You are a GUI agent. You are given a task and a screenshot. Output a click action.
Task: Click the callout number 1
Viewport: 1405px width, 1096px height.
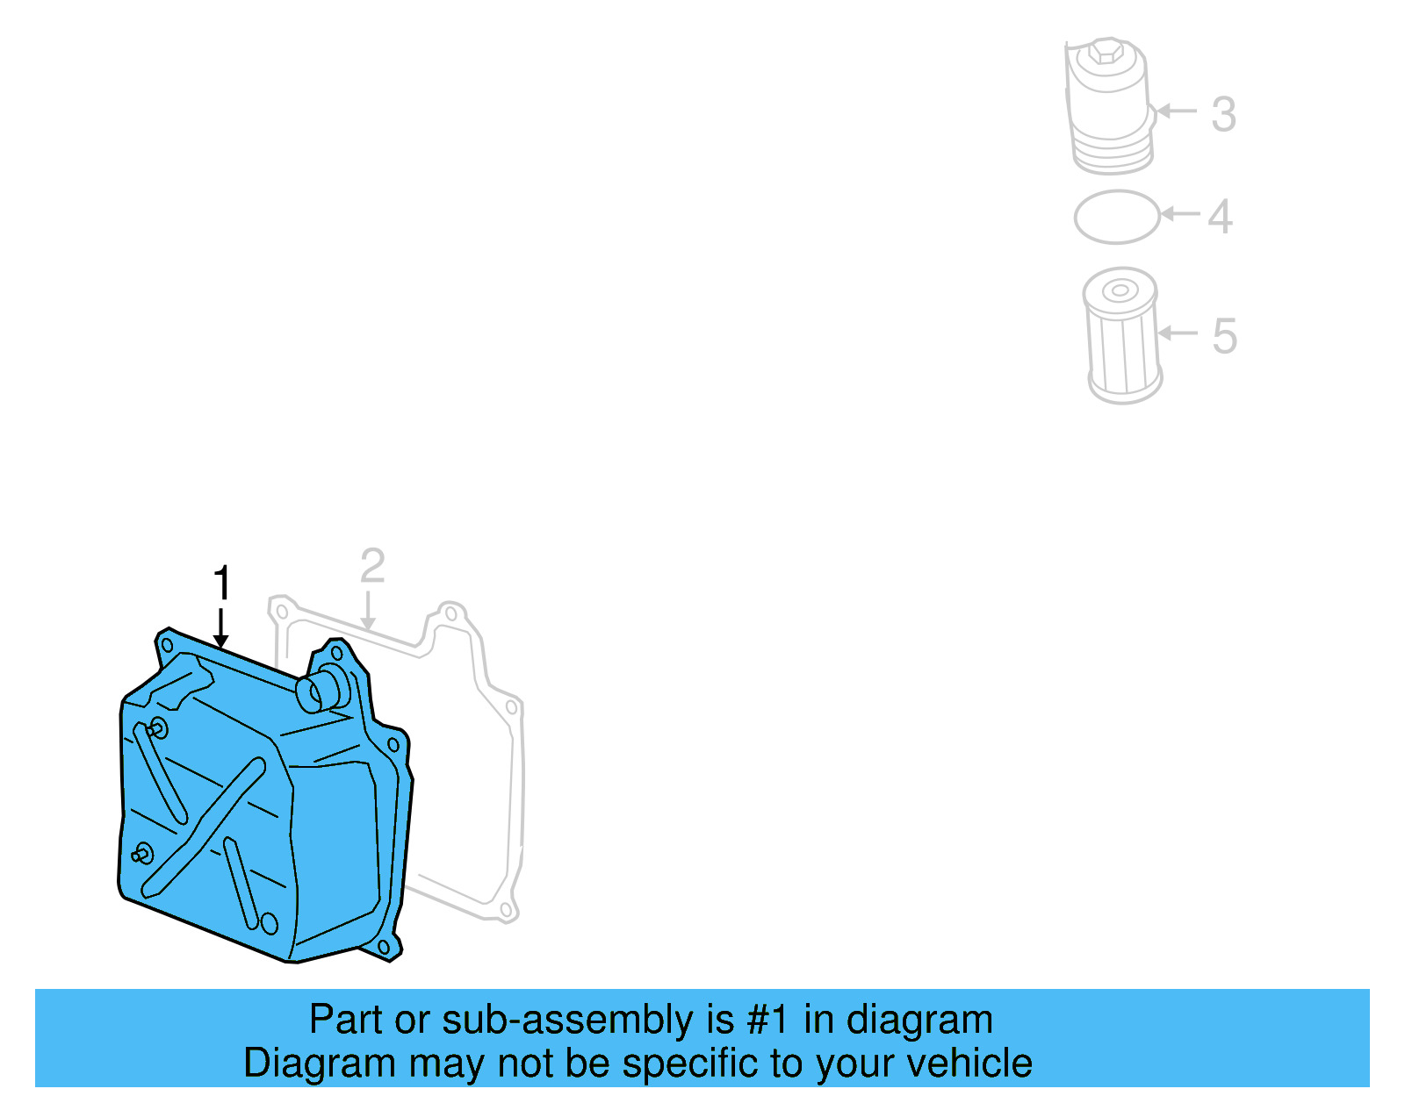[x=222, y=584]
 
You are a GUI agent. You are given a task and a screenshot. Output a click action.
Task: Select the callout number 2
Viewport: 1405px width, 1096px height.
[x=372, y=567]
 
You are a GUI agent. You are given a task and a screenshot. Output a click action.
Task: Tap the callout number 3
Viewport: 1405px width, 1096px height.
[x=1223, y=114]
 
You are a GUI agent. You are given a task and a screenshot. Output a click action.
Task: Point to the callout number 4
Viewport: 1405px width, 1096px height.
[x=1220, y=217]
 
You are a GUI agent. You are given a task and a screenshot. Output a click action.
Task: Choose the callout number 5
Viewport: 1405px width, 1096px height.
[x=1224, y=336]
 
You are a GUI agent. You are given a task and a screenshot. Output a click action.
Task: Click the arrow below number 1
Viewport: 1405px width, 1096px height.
[x=221, y=628]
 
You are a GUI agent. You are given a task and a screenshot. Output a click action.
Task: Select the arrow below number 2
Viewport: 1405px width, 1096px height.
[x=368, y=611]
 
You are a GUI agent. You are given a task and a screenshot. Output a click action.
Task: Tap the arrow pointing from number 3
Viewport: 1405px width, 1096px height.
[x=1176, y=111]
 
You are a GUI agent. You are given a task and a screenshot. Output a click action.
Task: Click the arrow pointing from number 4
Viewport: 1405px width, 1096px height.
[x=1179, y=213]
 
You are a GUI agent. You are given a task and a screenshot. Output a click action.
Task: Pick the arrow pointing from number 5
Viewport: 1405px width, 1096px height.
[x=1177, y=333]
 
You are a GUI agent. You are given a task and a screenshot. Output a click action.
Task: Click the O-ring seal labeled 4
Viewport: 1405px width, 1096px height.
[x=1117, y=217]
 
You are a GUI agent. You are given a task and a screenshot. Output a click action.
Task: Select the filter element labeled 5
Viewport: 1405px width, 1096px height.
[x=1123, y=336]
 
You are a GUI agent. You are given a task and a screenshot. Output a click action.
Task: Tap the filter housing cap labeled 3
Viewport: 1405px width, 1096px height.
[x=1109, y=105]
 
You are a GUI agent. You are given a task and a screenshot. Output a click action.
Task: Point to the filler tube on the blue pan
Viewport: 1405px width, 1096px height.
[x=322, y=688]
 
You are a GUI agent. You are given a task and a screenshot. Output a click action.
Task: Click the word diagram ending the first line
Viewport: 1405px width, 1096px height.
[x=919, y=1020]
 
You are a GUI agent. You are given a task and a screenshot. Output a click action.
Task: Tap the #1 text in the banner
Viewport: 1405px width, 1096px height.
[x=768, y=1020]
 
